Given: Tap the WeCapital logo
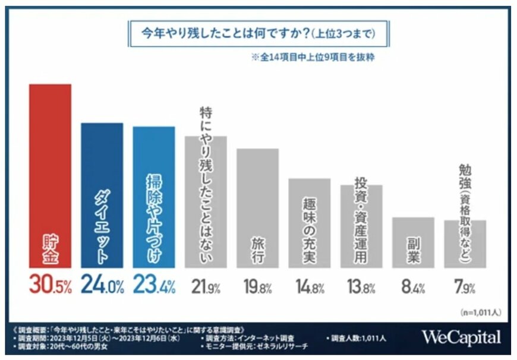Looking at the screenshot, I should pos(461,337).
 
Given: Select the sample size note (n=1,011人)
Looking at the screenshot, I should pos(479,311).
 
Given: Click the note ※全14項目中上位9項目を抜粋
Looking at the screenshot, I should pos(312,58).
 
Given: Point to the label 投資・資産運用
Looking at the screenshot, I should pos(361,220).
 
